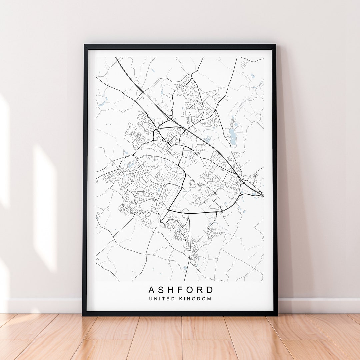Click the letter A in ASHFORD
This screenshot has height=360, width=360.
[x=152, y=290]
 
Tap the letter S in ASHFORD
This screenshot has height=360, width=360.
[x=162, y=290]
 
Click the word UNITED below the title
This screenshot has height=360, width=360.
[x=162, y=299]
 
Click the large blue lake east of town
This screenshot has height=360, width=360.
[x=232, y=136]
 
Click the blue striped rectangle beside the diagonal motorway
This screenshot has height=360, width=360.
[x=207, y=139]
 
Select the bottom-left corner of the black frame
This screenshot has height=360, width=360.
[x=84, y=314]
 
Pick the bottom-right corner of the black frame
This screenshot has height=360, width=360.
[x=276, y=314]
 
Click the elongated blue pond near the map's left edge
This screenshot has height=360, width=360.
[x=101, y=105]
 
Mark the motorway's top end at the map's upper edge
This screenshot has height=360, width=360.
[x=116, y=58]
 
